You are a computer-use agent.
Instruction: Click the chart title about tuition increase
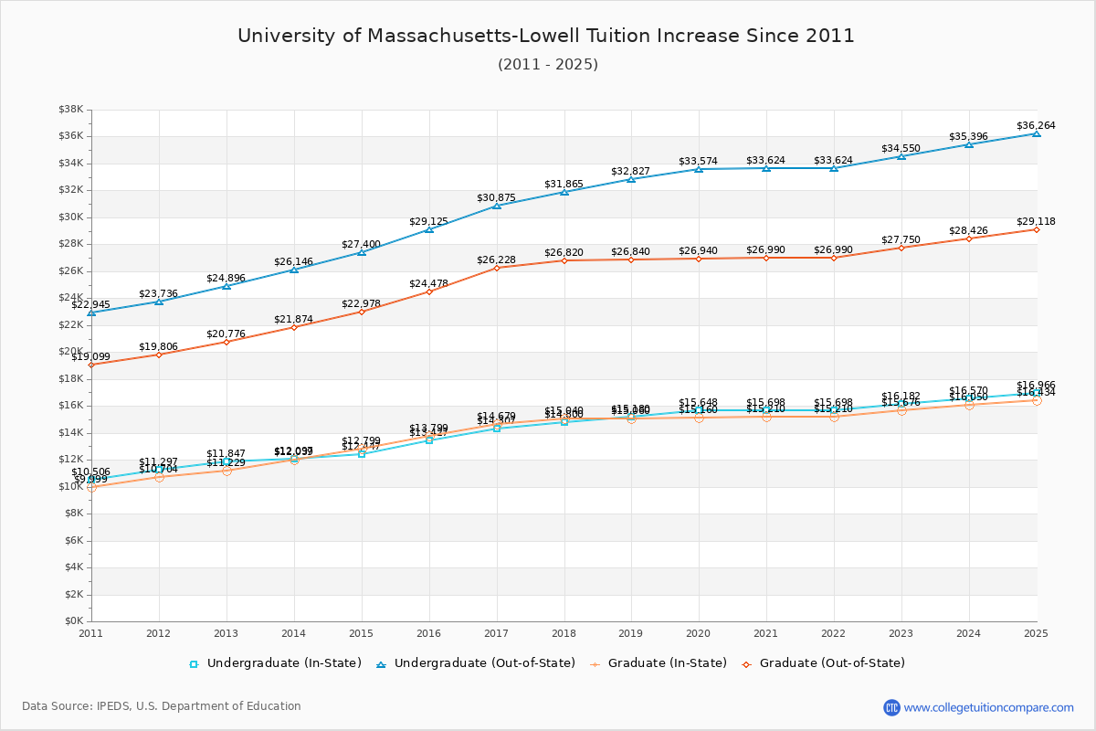pyautogui.click(x=546, y=37)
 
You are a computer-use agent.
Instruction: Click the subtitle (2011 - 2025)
pyautogui.click(x=547, y=65)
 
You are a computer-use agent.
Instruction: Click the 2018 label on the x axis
pyautogui.click(x=564, y=633)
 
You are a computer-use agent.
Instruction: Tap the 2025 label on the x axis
pyautogui.click(x=1036, y=633)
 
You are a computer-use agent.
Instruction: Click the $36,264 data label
pyautogui.click(x=1036, y=126)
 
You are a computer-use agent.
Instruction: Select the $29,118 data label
pyautogui.click(x=1036, y=222)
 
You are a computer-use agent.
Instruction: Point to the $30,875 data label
pyautogui.click(x=496, y=198)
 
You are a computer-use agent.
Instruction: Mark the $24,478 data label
pyautogui.click(x=428, y=284)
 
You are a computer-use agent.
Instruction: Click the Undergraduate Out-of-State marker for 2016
pyautogui.click(x=429, y=229)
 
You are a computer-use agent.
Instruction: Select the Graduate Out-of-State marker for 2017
pyautogui.click(x=497, y=268)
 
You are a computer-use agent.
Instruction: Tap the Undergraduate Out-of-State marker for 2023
pyautogui.click(x=901, y=156)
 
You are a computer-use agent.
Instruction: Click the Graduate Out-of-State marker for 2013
pyautogui.click(x=227, y=342)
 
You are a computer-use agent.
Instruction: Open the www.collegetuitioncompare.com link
pyautogui.click(x=988, y=707)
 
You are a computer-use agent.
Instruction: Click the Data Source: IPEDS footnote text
pyautogui.click(x=162, y=706)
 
